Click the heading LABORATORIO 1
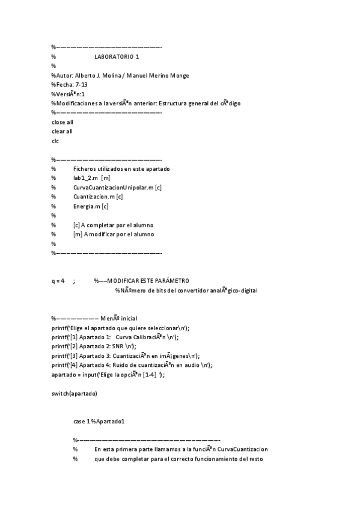(x=117, y=57)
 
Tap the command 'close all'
(x=63, y=122)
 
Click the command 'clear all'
(x=63, y=131)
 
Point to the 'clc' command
(x=55, y=141)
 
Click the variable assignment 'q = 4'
(x=58, y=281)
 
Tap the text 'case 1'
(x=81, y=422)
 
